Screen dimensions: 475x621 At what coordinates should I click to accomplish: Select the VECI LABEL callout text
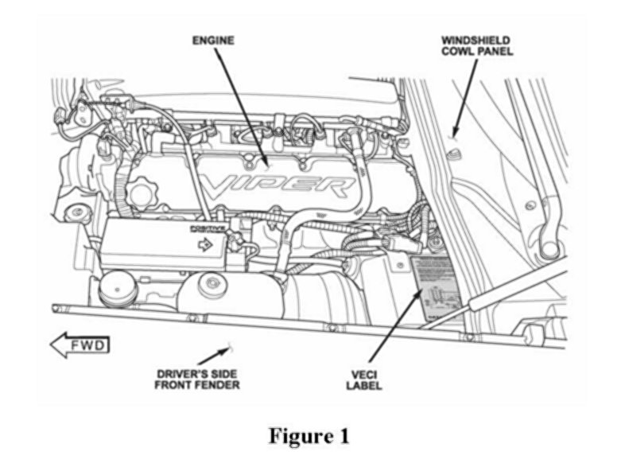[365, 380]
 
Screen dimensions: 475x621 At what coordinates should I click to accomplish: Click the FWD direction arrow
[80, 345]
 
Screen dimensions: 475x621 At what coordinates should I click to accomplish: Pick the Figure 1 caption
[309, 436]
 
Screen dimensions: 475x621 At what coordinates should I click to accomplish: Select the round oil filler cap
[144, 193]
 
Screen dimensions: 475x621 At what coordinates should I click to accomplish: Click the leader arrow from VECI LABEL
[394, 327]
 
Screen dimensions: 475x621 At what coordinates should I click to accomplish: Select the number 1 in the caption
[343, 436]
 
